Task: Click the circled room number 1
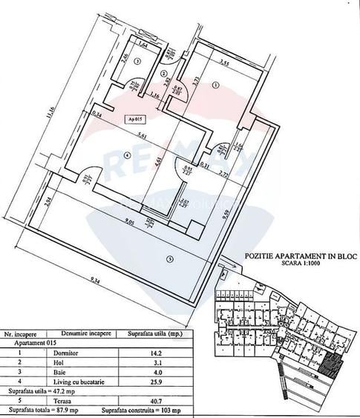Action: (x=215, y=85)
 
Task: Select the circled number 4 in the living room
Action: (x=127, y=156)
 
